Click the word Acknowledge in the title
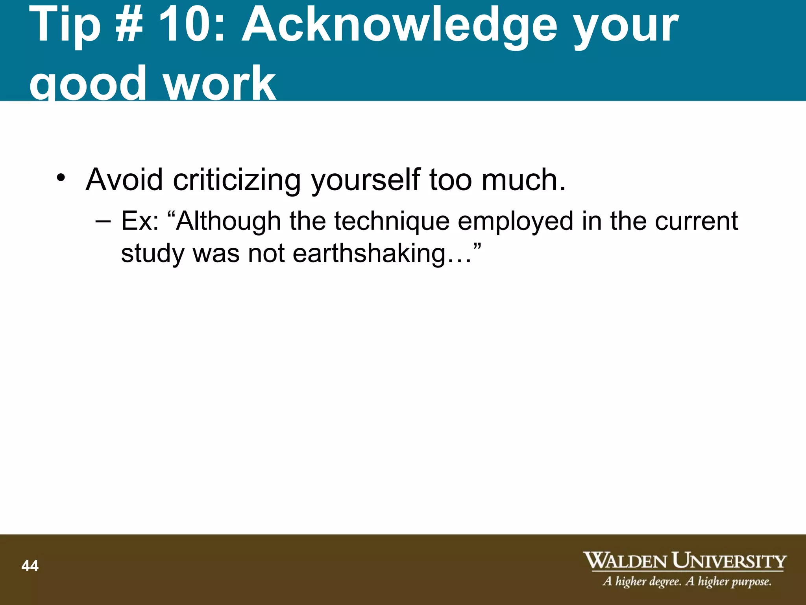pos(400,26)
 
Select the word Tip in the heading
pos(65,25)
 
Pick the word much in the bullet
pos(523,180)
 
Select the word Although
pos(228,221)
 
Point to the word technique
pos(392,221)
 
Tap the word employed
pos(515,221)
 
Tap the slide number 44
pos(30,566)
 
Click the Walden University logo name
pos(684,561)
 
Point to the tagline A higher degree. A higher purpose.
pos(687,581)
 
